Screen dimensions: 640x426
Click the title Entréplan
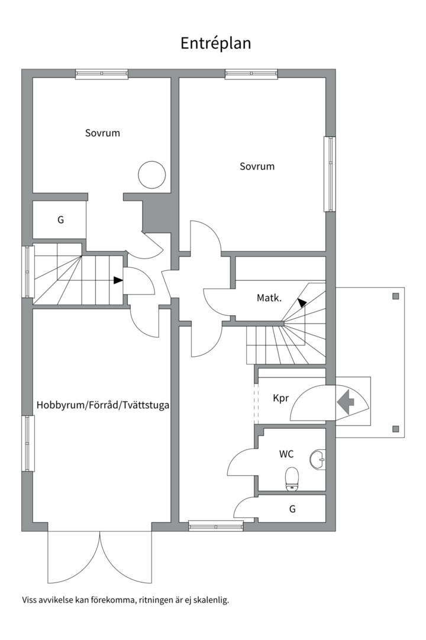click(216, 43)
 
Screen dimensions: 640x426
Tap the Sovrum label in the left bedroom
click(102, 133)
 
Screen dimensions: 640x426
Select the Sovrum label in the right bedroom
click(257, 167)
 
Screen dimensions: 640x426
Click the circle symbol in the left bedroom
click(151, 175)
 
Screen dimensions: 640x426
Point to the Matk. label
click(269, 297)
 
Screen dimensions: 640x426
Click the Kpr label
click(281, 398)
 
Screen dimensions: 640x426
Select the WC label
click(287, 455)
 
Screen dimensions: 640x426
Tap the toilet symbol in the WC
click(292, 479)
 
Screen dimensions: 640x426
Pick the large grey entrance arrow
click(345, 402)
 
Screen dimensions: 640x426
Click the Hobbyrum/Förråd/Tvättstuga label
click(104, 406)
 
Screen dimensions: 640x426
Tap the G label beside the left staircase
click(60, 220)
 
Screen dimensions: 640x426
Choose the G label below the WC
click(292, 508)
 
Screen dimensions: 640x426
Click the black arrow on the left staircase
click(118, 280)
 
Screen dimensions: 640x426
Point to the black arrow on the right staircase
click(302, 303)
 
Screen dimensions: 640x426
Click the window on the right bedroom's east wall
click(330, 174)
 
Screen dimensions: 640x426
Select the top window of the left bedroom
click(102, 74)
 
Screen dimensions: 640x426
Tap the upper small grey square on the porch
click(396, 296)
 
